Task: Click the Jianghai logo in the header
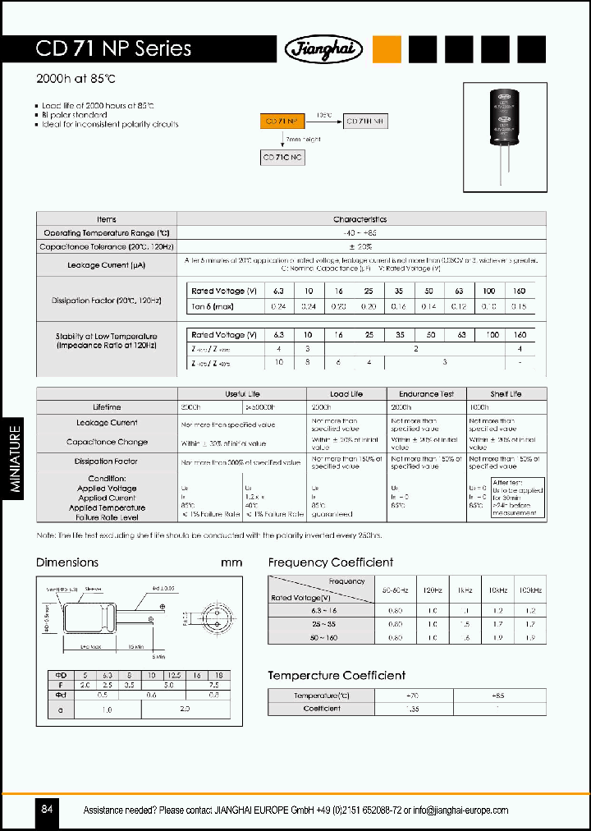tap(324, 49)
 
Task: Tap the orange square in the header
tap(387, 49)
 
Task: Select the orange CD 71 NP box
tap(284, 121)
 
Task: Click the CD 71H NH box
tap(366, 121)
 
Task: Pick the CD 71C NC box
tap(284, 158)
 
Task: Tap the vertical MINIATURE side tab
tap(16, 460)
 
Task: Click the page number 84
tap(47, 810)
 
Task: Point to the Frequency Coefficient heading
tap(330, 562)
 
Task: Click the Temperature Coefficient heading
tap(337, 676)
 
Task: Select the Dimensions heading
tap(67, 562)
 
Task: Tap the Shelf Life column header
tap(506, 394)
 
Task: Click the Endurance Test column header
tap(426, 394)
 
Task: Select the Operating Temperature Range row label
tap(106, 233)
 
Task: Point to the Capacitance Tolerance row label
tap(106, 246)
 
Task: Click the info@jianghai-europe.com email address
tap(460, 810)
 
